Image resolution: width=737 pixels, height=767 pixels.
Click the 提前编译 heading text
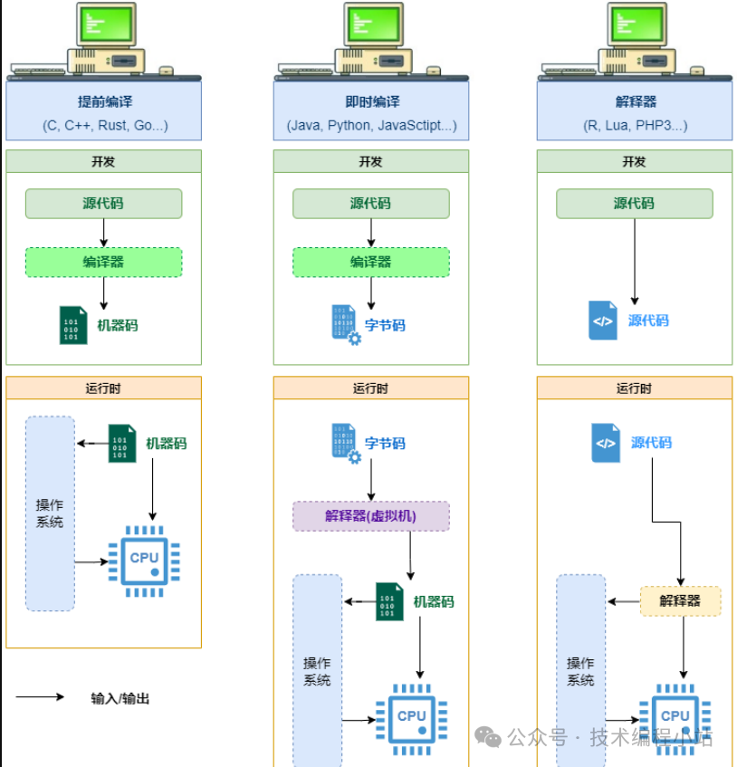click(104, 101)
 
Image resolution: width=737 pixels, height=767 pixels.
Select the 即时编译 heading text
click(371, 101)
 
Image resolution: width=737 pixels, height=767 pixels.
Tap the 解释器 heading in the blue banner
click(634, 101)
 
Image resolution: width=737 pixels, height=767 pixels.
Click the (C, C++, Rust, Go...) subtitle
click(104, 126)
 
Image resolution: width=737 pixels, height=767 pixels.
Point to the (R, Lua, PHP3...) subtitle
click(634, 126)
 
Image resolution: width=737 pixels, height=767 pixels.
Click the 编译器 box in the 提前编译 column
click(103, 262)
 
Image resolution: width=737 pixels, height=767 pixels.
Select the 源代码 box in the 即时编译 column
click(370, 204)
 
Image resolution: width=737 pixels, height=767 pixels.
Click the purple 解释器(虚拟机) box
click(370, 516)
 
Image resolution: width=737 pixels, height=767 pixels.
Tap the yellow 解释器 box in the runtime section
click(680, 600)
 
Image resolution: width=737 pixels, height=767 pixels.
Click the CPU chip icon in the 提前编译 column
click(144, 561)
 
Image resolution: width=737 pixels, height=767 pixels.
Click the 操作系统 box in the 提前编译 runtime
click(50, 513)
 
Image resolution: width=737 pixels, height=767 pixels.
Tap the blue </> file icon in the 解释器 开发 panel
click(602, 321)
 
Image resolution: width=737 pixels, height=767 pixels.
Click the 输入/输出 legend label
click(120, 698)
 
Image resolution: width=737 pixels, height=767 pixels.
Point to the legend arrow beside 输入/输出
click(41, 697)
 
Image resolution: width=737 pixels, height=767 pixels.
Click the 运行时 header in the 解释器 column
click(634, 388)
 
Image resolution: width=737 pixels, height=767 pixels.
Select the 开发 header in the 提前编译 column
click(103, 161)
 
